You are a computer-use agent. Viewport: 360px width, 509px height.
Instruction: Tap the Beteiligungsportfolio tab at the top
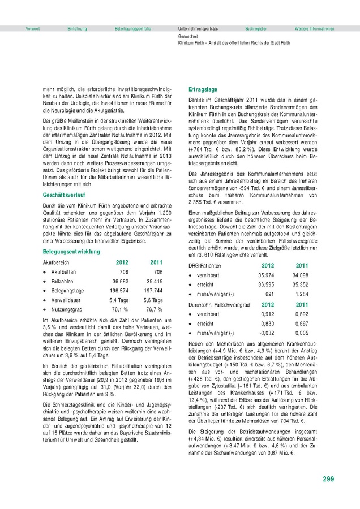click(132, 28)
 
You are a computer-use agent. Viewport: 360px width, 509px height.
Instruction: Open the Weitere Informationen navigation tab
click(314, 28)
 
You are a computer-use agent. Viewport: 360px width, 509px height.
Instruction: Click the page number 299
click(328, 480)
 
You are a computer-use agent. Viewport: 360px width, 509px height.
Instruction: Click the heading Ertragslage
click(203, 90)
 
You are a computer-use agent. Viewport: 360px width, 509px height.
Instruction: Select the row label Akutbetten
click(63, 271)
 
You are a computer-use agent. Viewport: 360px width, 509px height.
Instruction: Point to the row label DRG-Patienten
click(205, 265)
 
